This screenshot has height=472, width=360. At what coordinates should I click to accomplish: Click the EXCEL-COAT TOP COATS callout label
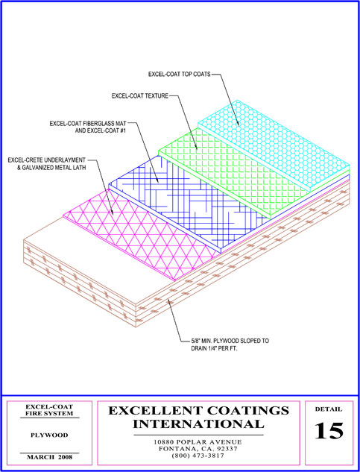(x=180, y=74)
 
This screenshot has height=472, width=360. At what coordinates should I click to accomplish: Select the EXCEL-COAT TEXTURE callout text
(x=140, y=96)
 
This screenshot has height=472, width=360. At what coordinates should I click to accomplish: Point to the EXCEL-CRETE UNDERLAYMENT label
(x=47, y=163)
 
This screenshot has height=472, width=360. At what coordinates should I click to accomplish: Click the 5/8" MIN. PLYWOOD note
(x=230, y=345)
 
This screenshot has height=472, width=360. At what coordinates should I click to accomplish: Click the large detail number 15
(x=329, y=431)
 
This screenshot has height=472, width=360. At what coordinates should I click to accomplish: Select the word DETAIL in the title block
(x=329, y=409)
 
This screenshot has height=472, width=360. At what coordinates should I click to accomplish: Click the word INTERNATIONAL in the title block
(x=199, y=424)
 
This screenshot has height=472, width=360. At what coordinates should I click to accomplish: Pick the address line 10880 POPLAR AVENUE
(x=198, y=442)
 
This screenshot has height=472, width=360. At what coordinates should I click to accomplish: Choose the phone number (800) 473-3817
(x=198, y=456)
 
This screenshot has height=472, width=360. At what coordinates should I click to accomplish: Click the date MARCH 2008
(x=50, y=457)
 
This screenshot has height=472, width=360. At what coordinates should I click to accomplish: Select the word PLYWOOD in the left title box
(x=49, y=435)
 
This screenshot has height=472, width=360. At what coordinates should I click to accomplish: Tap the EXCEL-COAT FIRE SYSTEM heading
(x=49, y=410)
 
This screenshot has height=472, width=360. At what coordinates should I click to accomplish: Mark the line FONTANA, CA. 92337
(x=198, y=449)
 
